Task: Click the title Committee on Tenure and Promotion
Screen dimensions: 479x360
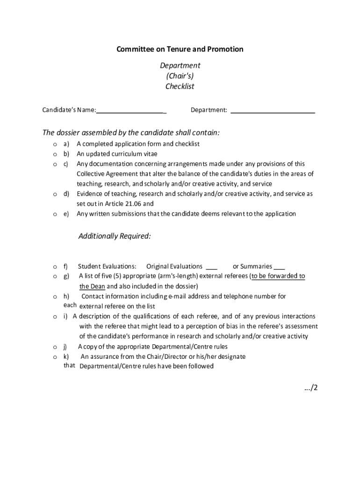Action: click(180, 49)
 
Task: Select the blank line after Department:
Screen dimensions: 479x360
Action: click(273, 112)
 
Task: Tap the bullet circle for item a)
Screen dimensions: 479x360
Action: click(55, 144)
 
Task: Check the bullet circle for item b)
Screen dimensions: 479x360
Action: click(55, 154)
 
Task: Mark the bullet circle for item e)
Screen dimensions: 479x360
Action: click(55, 214)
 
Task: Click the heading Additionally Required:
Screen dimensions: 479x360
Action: click(115, 236)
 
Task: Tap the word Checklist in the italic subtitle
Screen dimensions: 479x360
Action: click(180, 87)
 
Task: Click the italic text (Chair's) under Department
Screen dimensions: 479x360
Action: click(180, 76)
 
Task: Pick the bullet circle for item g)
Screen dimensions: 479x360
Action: click(55, 276)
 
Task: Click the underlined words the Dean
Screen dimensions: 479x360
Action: click(93, 286)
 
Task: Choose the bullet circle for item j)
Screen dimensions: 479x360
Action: click(55, 347)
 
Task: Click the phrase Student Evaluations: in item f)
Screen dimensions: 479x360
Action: click(107, 267)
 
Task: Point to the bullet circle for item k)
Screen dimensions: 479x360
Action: click(55, 357)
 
